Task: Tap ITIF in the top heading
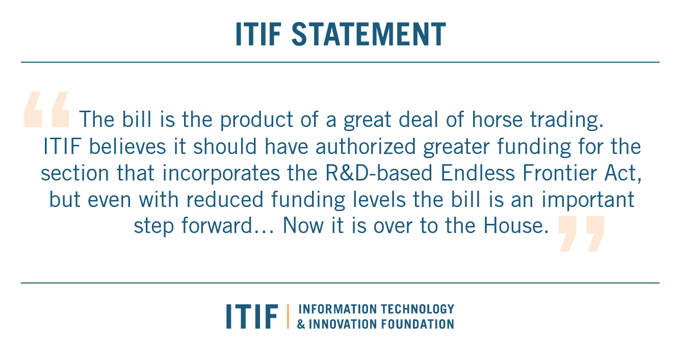point(259,35)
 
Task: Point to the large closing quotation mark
point(581,234)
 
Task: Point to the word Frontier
point(555,173)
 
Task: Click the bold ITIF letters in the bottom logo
point(252,316)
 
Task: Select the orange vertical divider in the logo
point(288,316)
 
